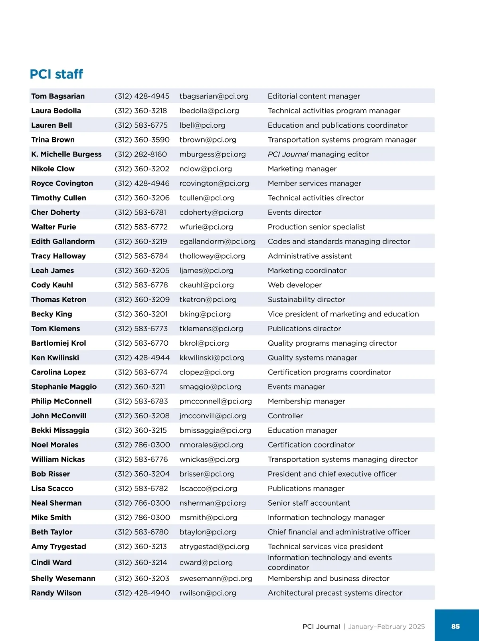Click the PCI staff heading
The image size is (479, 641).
(x=56, y=74)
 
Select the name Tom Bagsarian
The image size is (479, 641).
(x=58, y=96)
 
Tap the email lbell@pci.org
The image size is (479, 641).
(x=202, y=125)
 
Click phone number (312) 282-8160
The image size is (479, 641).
(x=141, y=154)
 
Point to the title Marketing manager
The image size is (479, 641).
(x=302, y=169)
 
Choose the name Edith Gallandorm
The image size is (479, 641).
(x=63, y=241)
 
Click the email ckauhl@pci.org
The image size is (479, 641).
(x=206, y=285)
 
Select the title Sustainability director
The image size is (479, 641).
(x=306, y=300)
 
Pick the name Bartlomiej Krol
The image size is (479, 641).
(x=59, y=343)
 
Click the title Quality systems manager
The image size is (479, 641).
(x=312, y=358)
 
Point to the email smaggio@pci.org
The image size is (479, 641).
(x=210, y=387)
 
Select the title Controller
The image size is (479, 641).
(x=285, y=416)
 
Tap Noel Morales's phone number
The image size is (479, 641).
(x=142, y=445)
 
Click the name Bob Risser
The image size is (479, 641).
(x=51, y=474)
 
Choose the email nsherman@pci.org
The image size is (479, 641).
(x=212, y=503)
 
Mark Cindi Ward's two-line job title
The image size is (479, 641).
(x=330, y=562)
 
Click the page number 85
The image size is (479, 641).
(x=455, y=627)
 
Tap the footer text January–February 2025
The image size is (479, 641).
(x=386, y=627)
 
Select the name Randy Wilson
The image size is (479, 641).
(x=56, y=593)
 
